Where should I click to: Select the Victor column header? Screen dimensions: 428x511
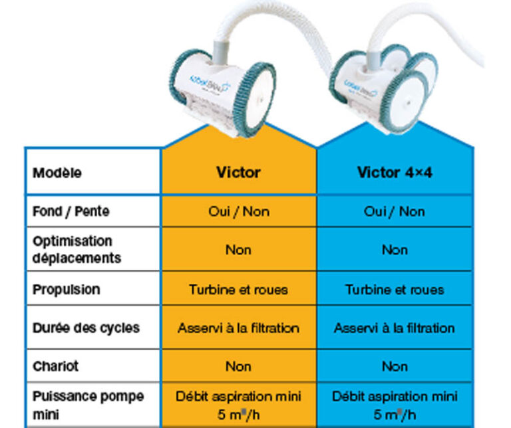[x=238, y=173]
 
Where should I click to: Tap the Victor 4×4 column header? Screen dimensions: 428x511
[x=395, y=173]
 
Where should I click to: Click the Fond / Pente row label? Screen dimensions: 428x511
[x=71, y=211]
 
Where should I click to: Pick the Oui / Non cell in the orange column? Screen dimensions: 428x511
[x=238, y=211]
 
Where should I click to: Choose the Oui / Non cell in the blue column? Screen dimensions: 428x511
[x=395, y=211]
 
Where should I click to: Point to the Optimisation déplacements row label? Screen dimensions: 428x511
[x=77, y=249]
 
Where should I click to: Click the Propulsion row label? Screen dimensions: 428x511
[x=66, y=290]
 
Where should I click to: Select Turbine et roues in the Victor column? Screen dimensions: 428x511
[x=238, y=290]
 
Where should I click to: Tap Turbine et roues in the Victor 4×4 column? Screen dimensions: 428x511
[x=395, y=290]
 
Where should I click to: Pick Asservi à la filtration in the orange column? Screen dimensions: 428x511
[x=238, y=328]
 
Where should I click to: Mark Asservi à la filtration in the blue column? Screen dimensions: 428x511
[x=395, y=328]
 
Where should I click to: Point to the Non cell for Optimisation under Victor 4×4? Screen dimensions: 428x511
[x=395, y=250]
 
